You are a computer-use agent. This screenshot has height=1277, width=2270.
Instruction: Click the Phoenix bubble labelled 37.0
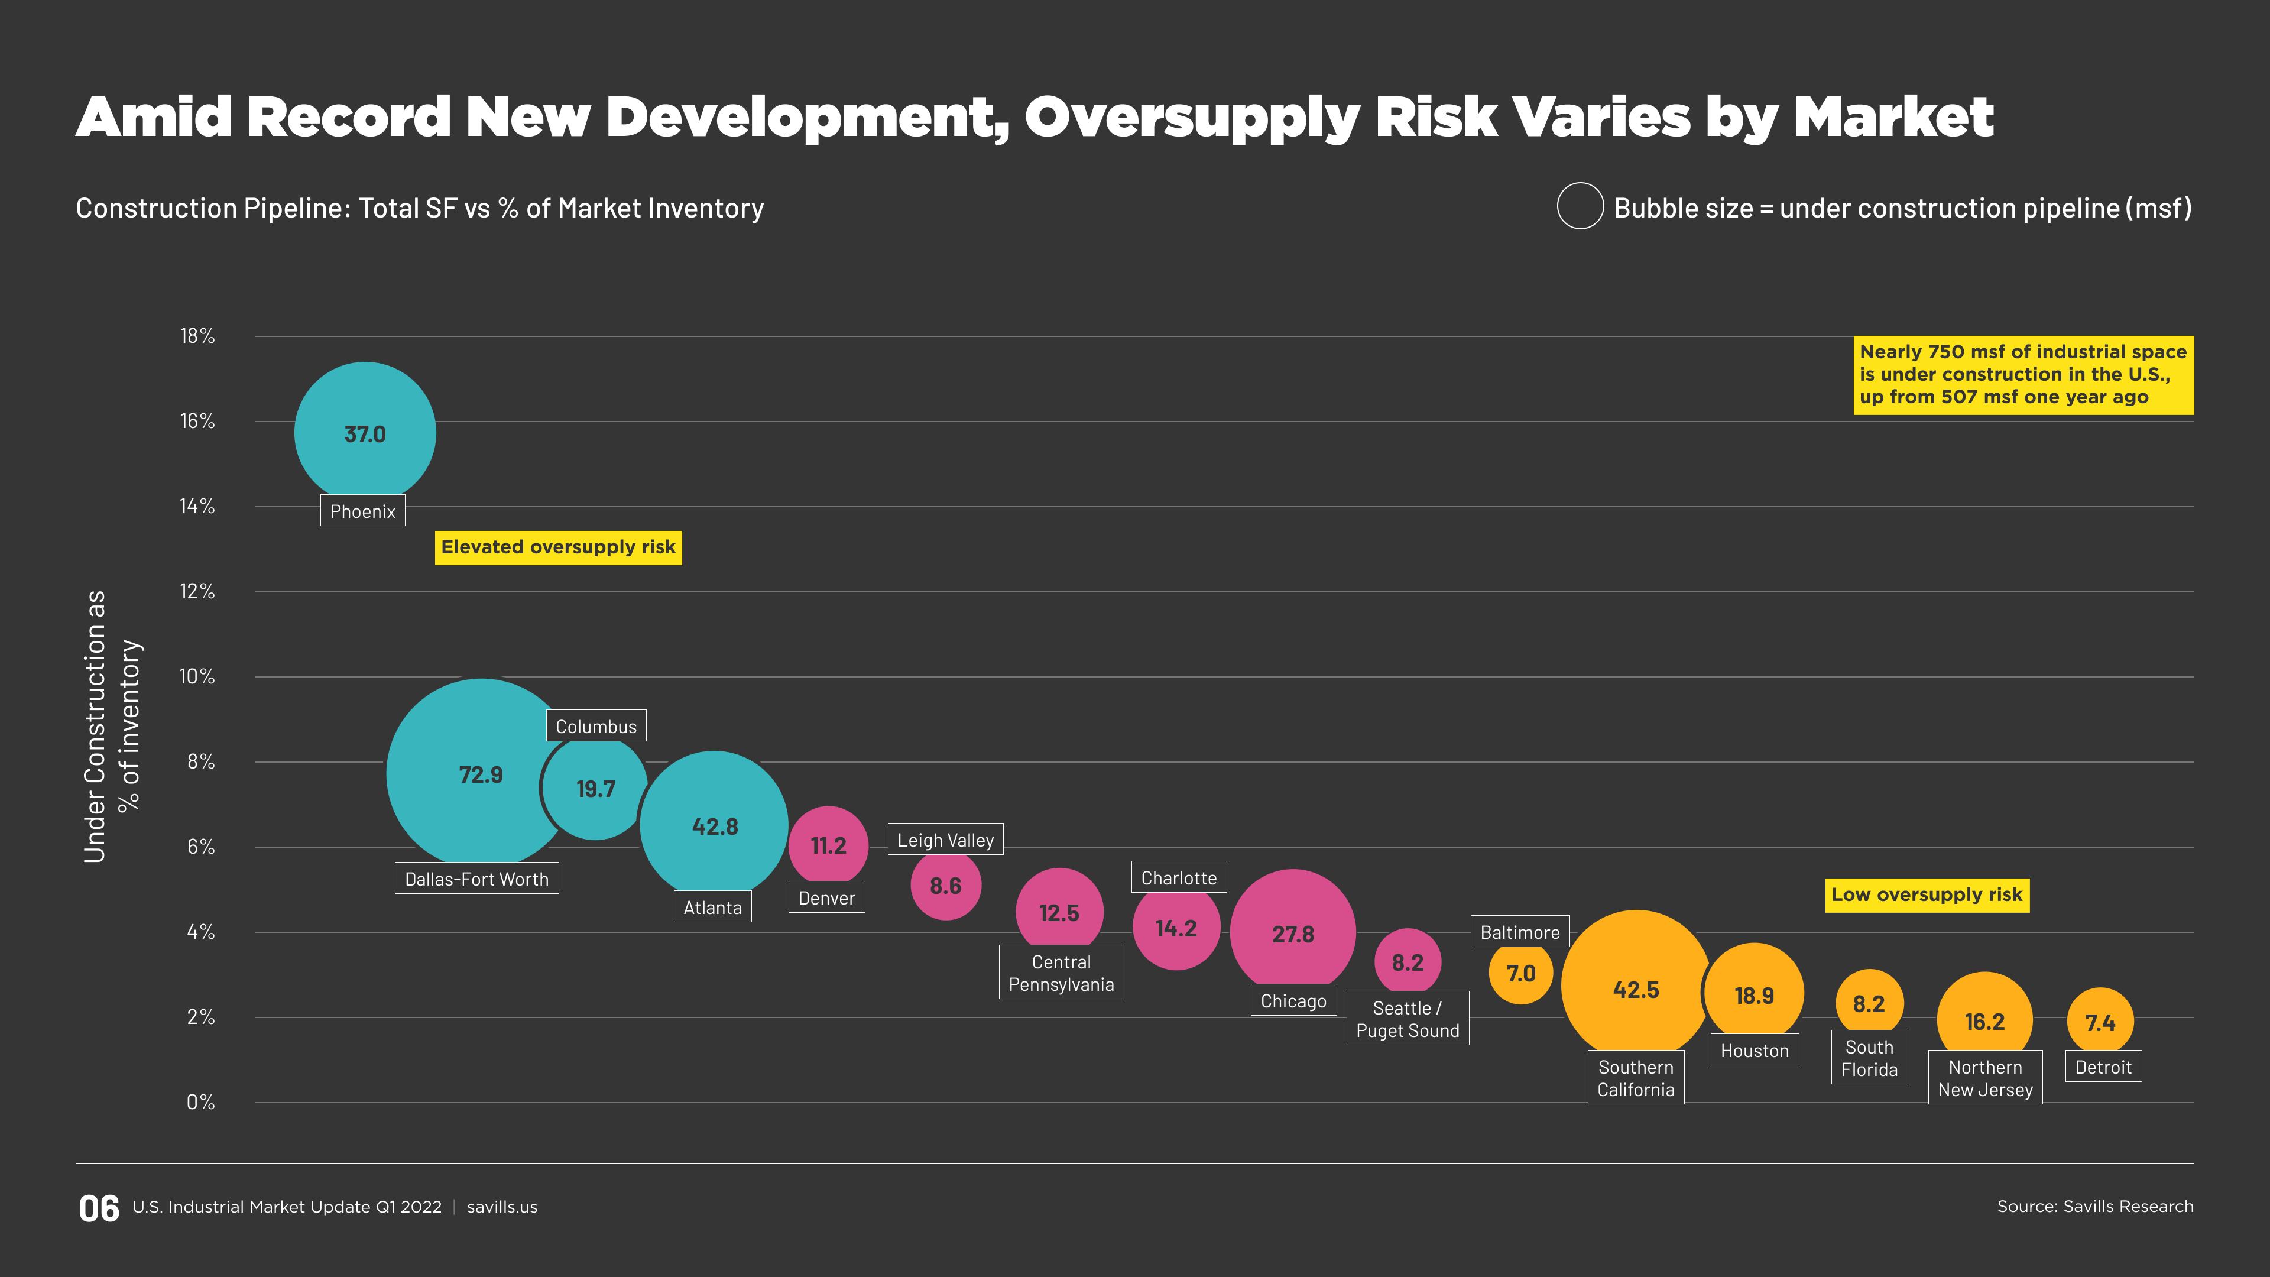[365, 433]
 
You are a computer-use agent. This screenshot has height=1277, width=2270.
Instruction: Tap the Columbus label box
[596, 726]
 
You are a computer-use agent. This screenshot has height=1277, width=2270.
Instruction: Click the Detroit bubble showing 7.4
[2100, 1022]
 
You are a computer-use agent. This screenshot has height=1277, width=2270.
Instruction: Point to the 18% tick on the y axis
[197, 336]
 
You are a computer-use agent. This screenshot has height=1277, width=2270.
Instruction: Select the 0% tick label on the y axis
[200, 1101]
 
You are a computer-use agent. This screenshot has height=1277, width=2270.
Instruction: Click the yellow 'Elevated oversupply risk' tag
[558, 547]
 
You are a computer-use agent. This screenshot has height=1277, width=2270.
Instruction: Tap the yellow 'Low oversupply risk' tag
[1927, 894]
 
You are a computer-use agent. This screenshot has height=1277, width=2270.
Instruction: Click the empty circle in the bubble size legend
[1580, 206]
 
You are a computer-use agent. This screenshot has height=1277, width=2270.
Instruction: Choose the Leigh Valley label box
[945, 840]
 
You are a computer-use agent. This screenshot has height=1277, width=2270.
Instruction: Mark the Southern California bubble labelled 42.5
[1636, 989]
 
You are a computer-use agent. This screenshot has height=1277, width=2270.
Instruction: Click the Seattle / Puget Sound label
[1408, 1019]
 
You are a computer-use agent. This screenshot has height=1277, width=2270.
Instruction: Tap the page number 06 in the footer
[99, 1208]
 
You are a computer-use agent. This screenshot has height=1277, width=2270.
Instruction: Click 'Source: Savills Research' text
[2094, 1205]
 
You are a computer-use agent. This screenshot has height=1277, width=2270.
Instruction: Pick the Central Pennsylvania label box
[1061, 973]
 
